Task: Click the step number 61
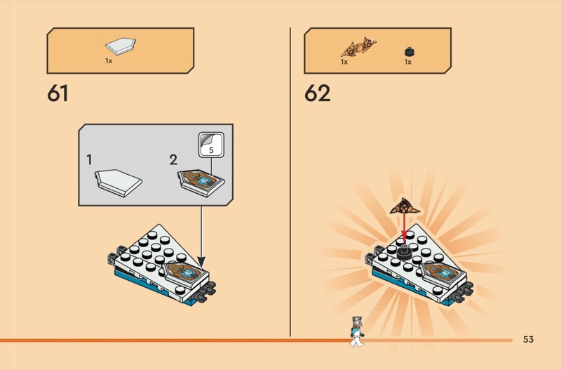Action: click(58, 93)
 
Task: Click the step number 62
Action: click(318, 93)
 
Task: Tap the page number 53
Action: click(528, 339)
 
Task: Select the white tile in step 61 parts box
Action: click(121, 46)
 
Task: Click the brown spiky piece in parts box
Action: click(358, 46)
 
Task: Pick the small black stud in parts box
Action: click(410, 51)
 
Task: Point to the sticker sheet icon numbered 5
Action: click(211, 145)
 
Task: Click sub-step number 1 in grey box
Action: click(89, 160)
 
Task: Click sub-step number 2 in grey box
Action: click(173, 160)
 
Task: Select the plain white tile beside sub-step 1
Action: click(118, 183)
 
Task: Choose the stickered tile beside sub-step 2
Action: click(201, 183)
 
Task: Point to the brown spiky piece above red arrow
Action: click(405, 206)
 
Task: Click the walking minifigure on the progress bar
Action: click(357, 331)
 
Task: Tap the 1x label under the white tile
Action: click(109, 61)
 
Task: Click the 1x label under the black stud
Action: click(408, 62)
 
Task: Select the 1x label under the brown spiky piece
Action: click(344, 62)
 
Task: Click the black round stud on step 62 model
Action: click(405, 252)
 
